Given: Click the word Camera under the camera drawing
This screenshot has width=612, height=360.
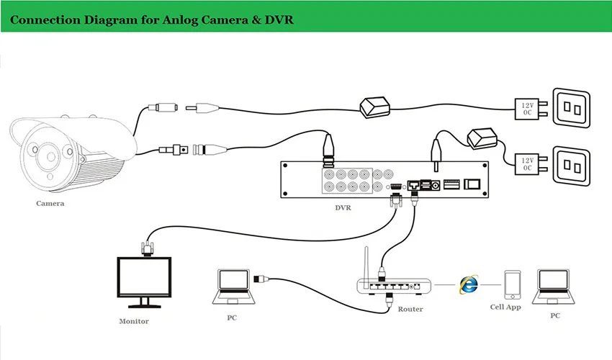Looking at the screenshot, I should (x=50, y=203).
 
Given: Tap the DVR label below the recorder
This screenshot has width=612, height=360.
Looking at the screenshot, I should (x=344, y=208).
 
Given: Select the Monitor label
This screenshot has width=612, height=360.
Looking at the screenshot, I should (x=134, y=321).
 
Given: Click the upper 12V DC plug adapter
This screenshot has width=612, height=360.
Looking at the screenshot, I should (x=526, y=110).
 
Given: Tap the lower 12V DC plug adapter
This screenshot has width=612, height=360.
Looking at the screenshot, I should (x=526, y=165).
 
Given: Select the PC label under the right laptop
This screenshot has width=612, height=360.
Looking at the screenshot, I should (x=554, y=315).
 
